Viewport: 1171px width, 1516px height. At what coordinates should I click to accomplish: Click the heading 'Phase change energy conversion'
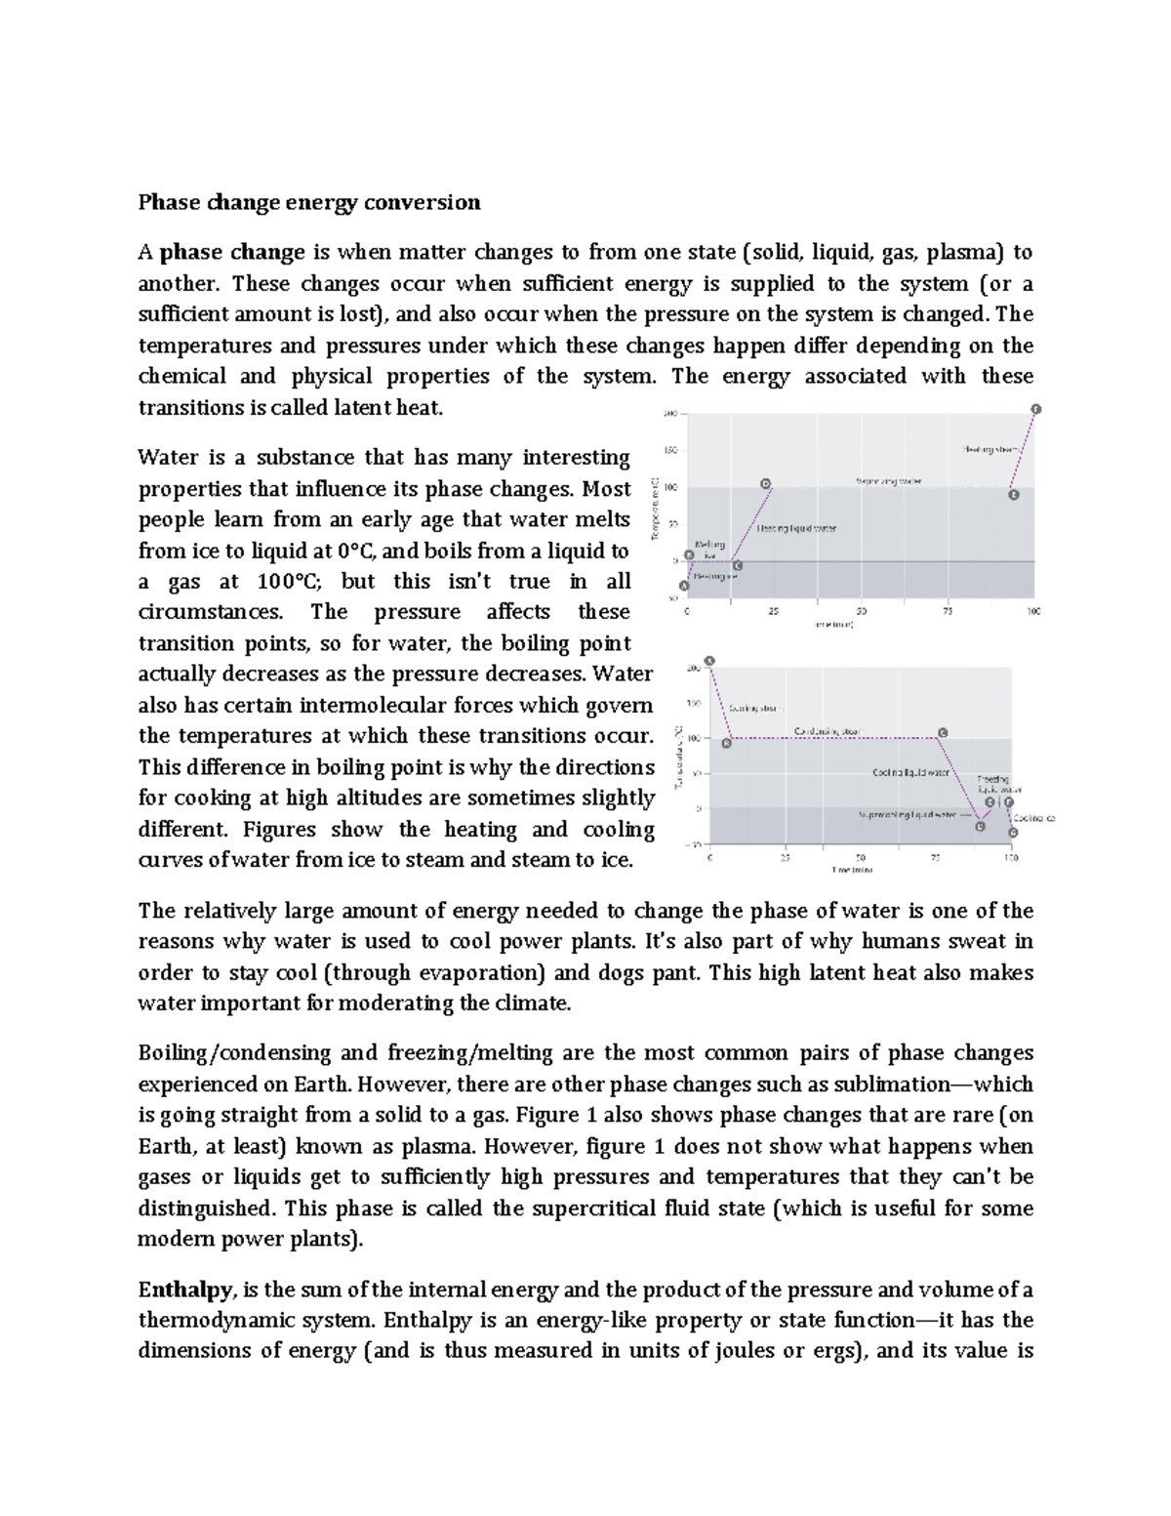309,202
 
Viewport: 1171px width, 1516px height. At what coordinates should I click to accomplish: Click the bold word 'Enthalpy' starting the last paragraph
185,1290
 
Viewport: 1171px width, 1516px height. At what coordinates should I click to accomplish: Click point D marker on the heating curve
766,483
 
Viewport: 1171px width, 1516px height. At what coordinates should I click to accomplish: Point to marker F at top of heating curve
1036,409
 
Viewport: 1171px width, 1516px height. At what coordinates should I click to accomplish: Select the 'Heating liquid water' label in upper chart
797,528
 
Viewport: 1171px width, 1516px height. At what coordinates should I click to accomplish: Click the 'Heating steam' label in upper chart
991,449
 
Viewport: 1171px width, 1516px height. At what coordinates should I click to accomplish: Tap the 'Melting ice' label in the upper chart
709,550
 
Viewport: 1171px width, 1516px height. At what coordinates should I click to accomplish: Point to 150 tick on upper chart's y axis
671,451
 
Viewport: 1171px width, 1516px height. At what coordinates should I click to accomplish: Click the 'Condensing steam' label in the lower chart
827,730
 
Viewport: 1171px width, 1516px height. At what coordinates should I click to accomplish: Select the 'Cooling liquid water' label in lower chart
910,772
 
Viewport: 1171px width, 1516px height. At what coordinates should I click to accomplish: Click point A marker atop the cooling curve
709,661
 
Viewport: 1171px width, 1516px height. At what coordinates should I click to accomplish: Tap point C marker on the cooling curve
942,732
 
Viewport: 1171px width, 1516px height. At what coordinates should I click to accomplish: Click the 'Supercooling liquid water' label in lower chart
907,814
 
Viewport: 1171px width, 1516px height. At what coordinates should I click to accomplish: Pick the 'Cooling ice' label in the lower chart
1033,818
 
